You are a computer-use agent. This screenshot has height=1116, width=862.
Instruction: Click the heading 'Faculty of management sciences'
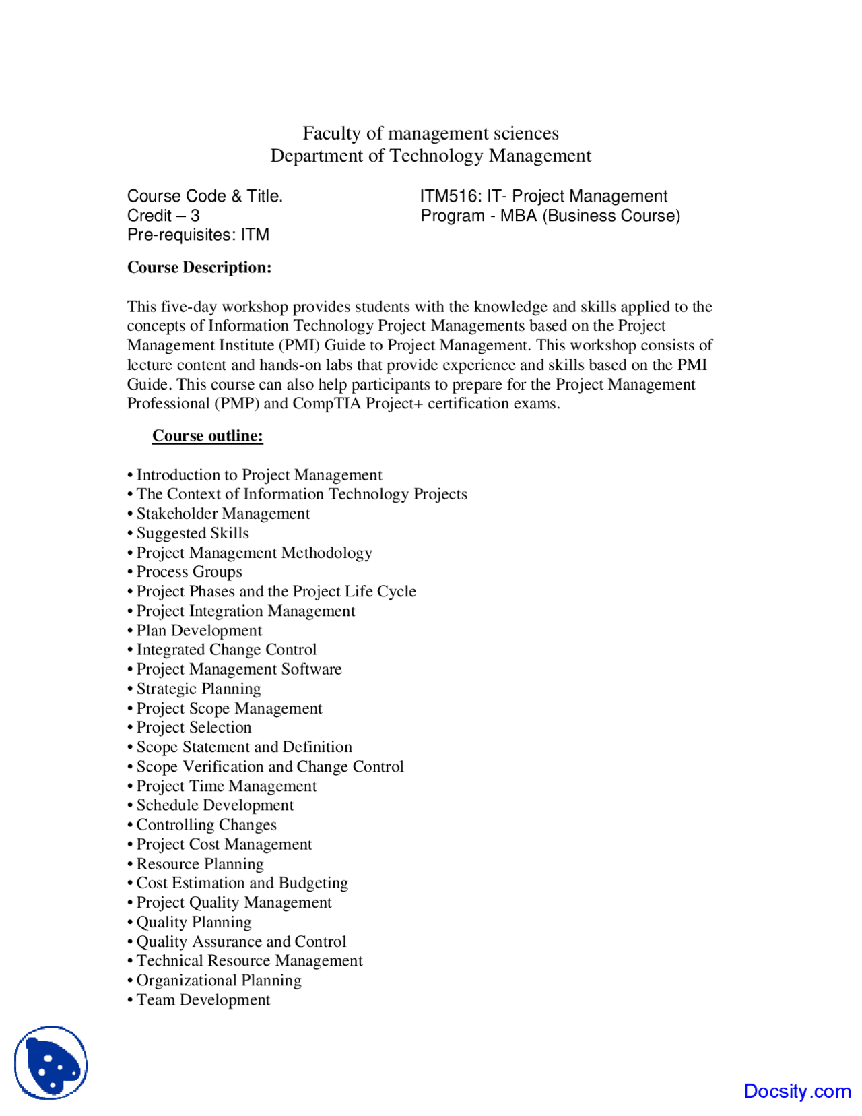click(430, 133)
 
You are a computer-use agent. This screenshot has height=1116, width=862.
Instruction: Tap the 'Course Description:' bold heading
click(199, 268)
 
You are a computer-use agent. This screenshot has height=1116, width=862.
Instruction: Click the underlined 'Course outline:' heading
click(207, 436)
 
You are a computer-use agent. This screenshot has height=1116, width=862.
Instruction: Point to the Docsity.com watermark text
click(797, 1091)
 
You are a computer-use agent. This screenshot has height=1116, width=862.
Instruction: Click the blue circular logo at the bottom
click(51, 1063)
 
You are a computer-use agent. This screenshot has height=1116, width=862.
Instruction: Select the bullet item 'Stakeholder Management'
click(223, 514)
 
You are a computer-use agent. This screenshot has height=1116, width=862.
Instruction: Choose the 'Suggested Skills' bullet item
click(193, 533)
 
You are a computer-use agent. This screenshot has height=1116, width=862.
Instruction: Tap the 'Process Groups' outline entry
click(189, 572)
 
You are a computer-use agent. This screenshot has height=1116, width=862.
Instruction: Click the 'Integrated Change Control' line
click(226, 650)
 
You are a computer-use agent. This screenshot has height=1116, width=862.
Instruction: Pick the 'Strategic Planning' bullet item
click(199, 689)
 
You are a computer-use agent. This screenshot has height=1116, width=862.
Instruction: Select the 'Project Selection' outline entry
click(194, 727)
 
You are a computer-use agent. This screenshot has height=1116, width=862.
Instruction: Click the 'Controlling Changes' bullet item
click(206, 825)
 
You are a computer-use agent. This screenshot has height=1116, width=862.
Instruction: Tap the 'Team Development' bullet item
click(203, 1000)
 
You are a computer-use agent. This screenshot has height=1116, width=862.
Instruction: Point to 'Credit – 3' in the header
click(164, 216)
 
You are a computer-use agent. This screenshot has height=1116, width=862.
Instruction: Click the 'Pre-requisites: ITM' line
click(198, 235)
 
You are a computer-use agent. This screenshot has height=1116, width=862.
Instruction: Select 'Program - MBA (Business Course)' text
click(550, 216)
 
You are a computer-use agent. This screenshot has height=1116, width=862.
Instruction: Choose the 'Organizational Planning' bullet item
click(219, 981)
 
